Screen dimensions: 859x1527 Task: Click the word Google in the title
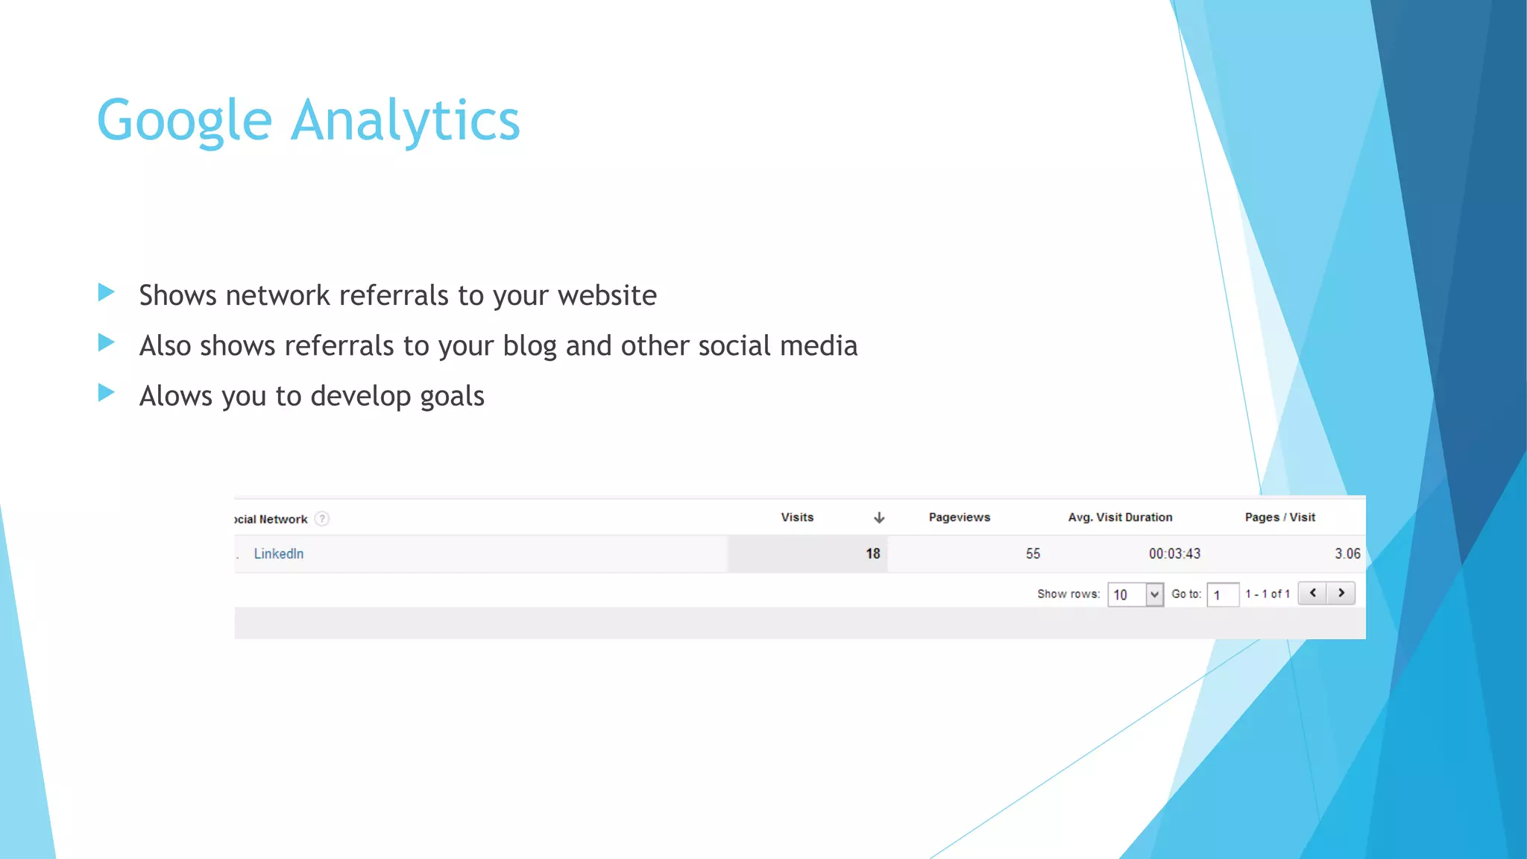184,121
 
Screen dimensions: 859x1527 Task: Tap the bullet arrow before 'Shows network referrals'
107,292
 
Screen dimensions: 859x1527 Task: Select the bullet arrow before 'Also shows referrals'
107,343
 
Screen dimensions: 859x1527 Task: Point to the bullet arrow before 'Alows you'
107,393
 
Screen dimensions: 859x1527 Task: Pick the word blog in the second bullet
529,346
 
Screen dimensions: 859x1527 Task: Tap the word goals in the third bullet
452,397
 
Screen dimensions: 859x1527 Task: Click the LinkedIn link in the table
278,553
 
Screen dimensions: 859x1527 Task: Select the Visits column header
797,517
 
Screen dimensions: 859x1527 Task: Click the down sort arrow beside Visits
879,517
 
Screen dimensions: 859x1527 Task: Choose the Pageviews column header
959,517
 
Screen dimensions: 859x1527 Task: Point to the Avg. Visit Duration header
1120,517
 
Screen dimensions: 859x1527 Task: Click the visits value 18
872,553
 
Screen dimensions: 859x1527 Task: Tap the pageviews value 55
1033,553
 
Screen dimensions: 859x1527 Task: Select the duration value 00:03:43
1174,553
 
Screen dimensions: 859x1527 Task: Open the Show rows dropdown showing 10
1136,594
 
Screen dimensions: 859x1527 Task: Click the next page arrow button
1341,593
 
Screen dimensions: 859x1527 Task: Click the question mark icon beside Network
321,518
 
